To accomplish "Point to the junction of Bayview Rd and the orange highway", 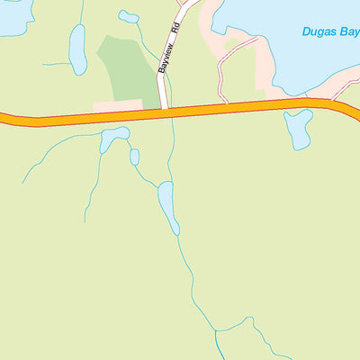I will (164, 111).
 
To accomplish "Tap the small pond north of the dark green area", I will (130, 16).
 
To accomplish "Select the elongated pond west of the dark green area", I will (77, 49).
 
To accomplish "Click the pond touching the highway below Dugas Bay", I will (298, 128).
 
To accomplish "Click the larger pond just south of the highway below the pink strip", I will (113, 138).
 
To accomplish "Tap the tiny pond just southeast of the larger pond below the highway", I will (134, 157).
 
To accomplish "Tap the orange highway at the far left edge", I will (7, 118).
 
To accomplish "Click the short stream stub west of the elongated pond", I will (56, 64).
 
